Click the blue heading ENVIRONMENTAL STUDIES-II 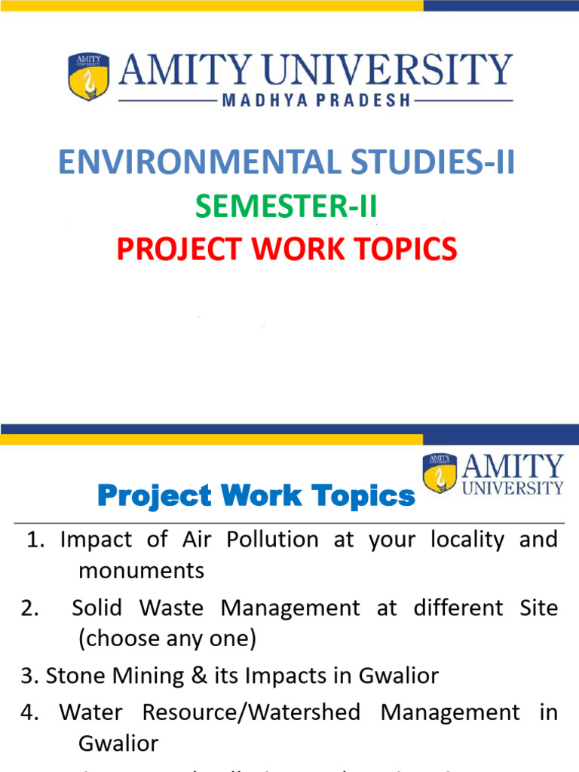287,163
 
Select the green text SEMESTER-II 286,207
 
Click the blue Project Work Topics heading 256,497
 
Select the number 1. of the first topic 36,540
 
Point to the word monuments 141,571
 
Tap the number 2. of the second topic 30,608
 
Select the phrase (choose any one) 167,639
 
